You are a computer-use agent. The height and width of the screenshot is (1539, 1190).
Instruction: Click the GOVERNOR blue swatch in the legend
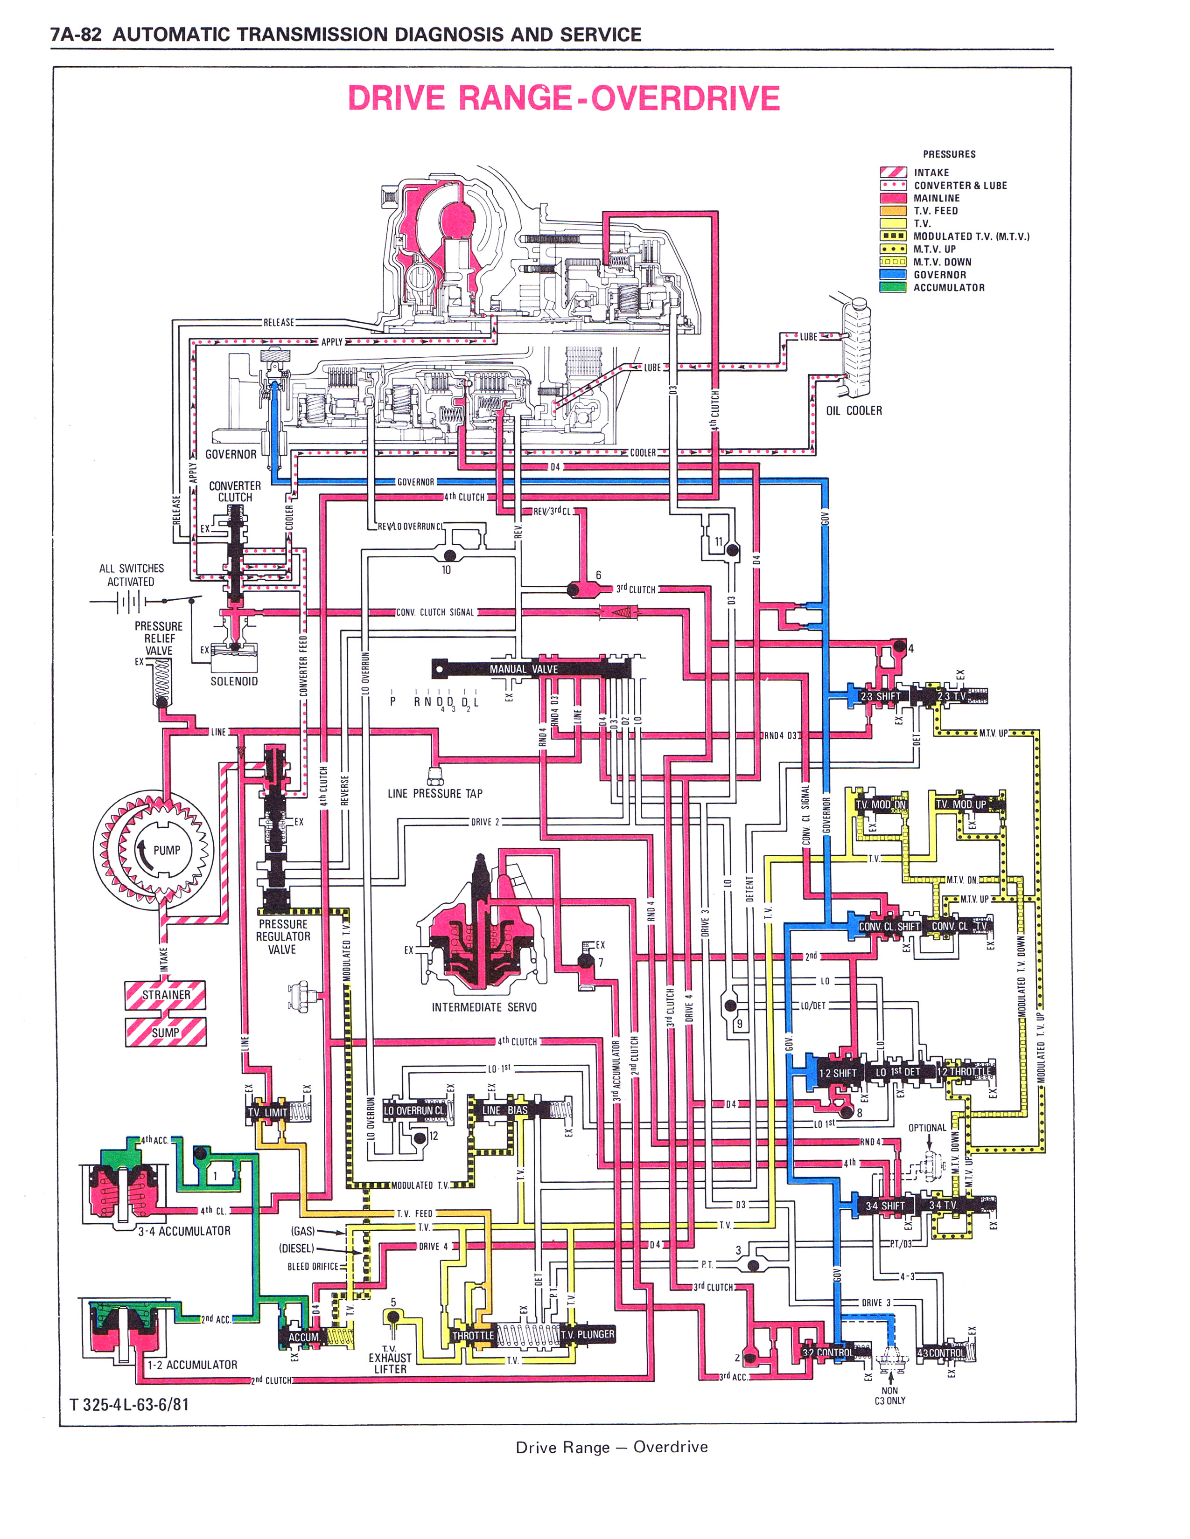892,275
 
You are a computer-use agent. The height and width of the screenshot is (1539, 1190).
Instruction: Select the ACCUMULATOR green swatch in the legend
892,287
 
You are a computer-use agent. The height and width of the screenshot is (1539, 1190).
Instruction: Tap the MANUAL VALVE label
523,669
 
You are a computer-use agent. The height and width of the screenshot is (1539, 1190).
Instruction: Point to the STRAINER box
166,994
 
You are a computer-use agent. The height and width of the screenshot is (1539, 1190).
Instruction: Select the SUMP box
166,1033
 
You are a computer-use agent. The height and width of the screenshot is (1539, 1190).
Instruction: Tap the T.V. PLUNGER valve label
587,1334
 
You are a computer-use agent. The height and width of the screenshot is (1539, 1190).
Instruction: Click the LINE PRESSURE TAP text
435,793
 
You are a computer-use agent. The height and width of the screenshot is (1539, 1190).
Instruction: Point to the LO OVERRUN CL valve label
414,1110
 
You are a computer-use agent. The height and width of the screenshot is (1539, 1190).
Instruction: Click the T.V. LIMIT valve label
267,1112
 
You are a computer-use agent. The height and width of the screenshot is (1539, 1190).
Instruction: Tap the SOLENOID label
234,681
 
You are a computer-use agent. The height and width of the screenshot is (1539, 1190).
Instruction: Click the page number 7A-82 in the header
76,34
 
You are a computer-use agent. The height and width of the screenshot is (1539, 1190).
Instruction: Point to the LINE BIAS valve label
505,1110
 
